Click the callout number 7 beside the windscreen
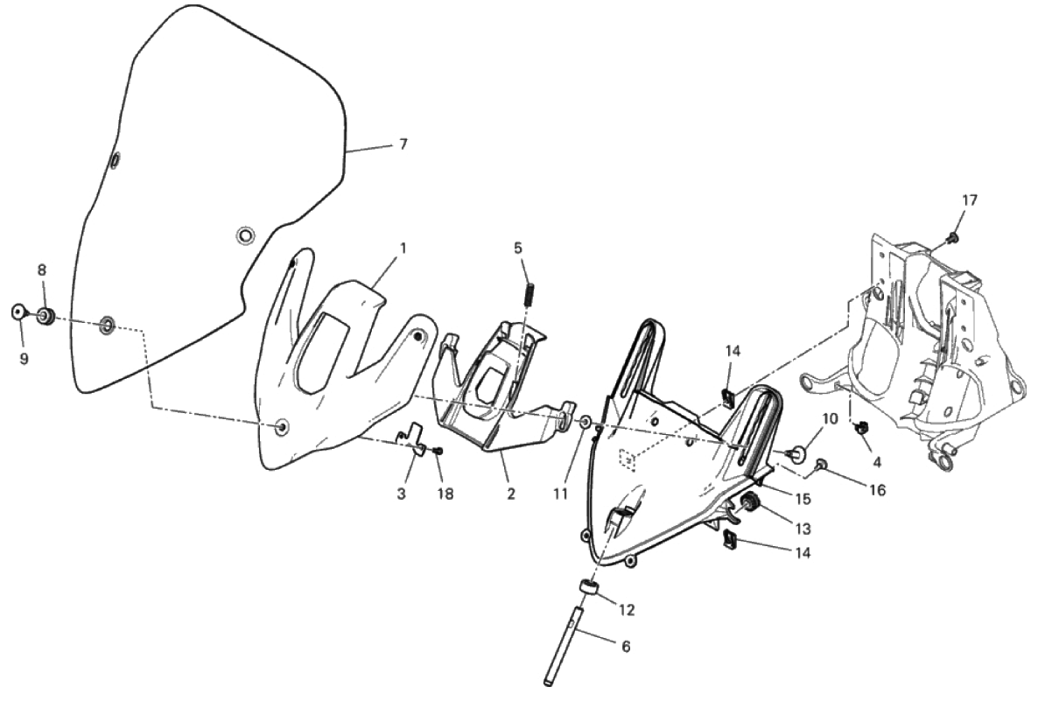click(x=403, y=144)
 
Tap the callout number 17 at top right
click(x=970, y=200)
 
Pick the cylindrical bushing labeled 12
click(x=587, y=586)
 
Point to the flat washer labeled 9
click(x=19, y=312)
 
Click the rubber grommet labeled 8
click(x=45, y=315)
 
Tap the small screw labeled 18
click(x=438, y=452)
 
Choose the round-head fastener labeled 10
click(x=794, y=454)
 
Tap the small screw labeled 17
click(x=952, y=236)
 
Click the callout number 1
click(x=403, y=248)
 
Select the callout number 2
click(x=510, y=494)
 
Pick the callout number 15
click(x=803, y=498)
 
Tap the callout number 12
click(x=627, y=609)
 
